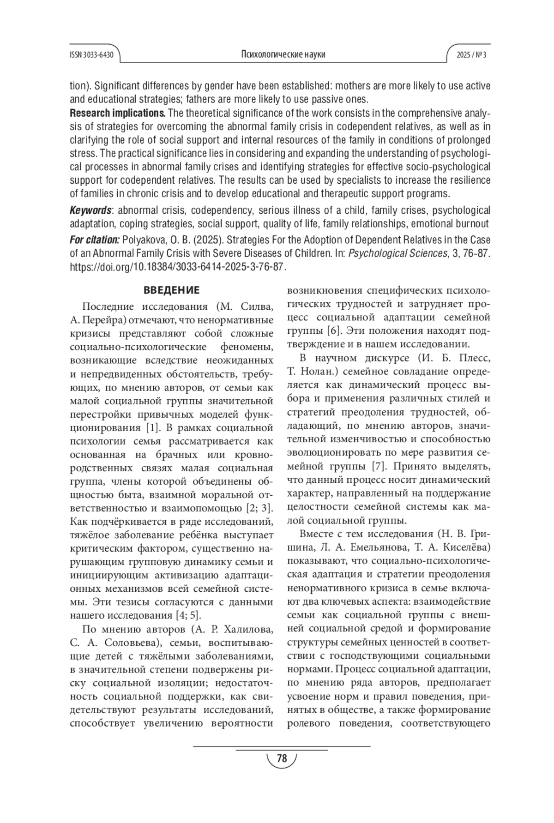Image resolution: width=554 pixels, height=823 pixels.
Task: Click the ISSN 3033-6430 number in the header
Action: click(91, 55)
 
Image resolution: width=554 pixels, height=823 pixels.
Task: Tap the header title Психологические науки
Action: click(283, 54)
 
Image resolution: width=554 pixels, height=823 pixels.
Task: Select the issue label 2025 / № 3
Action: click(471, 55)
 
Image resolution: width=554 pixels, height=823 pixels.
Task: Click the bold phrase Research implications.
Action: click(117, 113)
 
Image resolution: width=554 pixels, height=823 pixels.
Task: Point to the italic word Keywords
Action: click(90, 210)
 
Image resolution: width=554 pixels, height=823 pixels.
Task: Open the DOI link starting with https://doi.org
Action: click(178, 267)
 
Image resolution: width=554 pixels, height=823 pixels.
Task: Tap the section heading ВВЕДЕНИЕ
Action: click(171, 291)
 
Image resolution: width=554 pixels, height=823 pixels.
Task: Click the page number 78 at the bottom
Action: click(282, 758)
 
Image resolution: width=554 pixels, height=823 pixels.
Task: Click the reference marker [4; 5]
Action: click(188, 615)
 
